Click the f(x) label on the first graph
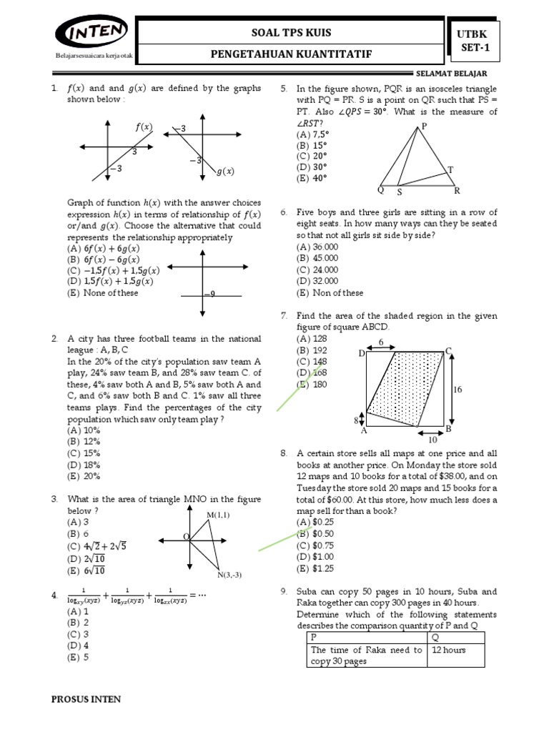click(144, 127)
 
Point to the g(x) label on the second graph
click(225, 172)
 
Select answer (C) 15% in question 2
click(84, 453)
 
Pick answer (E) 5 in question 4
click(79, 658)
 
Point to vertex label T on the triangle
click(450, 169)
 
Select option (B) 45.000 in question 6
click(315, 258)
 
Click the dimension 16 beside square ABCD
click(459, 389)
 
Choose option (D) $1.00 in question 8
click(315, 557)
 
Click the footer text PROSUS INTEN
click(86, 699)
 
